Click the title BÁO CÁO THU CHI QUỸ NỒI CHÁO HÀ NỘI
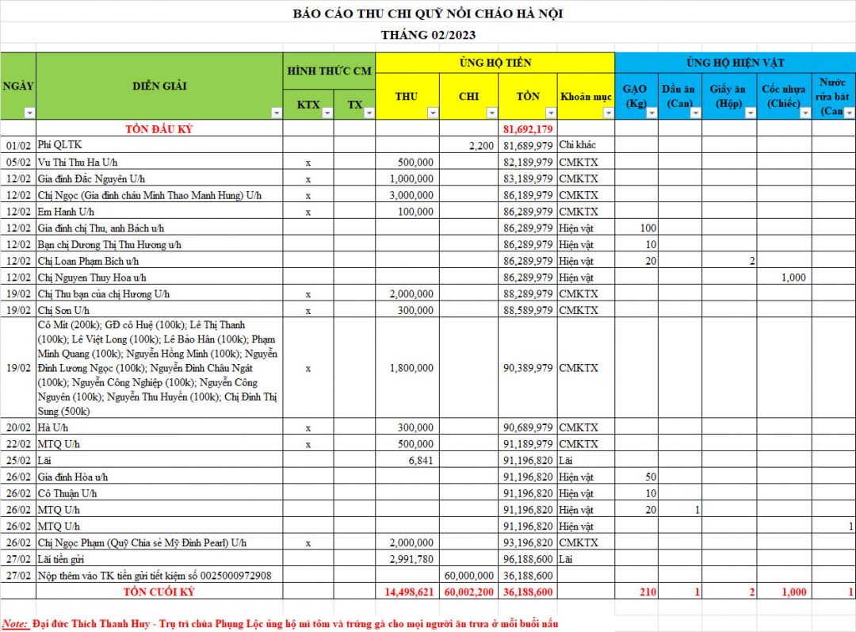[428, 13]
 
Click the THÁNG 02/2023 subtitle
[428, 35]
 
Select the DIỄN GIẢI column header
[159, 86]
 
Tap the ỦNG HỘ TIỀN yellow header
[495, 62]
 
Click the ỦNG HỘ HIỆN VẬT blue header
[736, 62]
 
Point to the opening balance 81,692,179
[528, 128]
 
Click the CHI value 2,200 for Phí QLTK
[481, 145]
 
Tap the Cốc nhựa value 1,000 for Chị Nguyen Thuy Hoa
[793, 278]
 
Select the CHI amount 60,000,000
[470, 575]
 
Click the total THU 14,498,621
[409, 592]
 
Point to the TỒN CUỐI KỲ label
[159, 592]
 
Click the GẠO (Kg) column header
[635, 96]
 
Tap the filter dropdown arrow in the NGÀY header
[29, 113]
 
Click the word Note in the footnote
[14, 623]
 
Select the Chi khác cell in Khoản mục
[577, 145]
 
